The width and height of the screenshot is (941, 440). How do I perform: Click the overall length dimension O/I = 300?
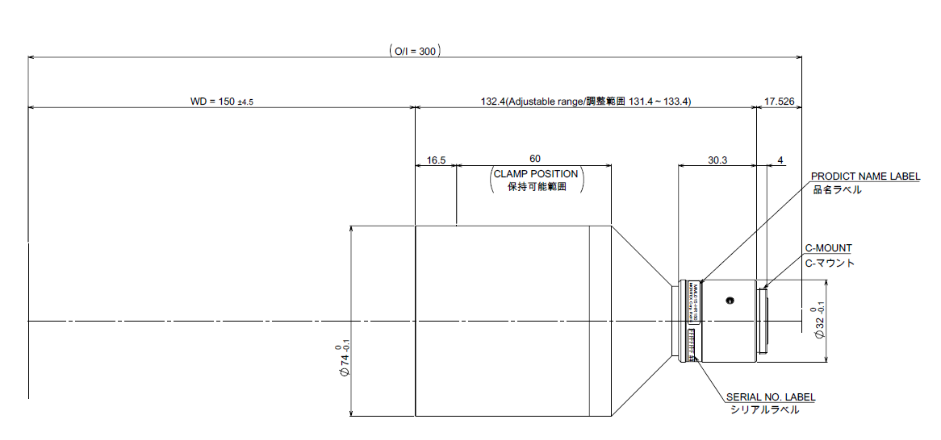pyautogui.click(x=415, y=51)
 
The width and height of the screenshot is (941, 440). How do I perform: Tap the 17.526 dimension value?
pyautogui.click(x=778, y=102)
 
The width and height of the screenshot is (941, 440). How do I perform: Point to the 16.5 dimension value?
pyautogui.click(x=436, y=160)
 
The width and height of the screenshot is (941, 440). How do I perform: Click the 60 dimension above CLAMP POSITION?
pyautogui.click(x=535, y=159)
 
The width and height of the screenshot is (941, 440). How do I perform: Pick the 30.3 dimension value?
pyautogui.click(x=717, y=160)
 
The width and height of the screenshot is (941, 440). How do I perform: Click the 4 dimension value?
pyautogui.click(x=780, y=160)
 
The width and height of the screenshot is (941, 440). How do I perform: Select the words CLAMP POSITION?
pyautogui.click(x=536, y=173)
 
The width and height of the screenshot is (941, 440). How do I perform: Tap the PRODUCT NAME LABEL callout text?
pyautogui.click(x=865, y=176)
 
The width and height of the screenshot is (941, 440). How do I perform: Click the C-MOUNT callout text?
pyautogui.click(x=828, y=248)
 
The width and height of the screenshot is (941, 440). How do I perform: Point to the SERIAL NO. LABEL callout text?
pyautogui.click(x=771, y=397)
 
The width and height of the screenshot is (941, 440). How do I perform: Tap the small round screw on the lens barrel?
pyautogui.click(x=730, y=301)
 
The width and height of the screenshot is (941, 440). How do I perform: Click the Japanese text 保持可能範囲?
pyautogui.click(x=536, y=187)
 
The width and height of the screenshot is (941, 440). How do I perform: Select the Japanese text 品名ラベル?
pyautogui.click(x=837, y=190)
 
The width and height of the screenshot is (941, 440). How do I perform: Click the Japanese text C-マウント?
pyautogui.click(x=830, y=263)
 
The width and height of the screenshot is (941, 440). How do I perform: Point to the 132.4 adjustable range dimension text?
pyautogui.click(x=586, y=102)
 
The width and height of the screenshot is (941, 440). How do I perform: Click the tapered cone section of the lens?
pyautogui.click(x=642, y=321)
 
